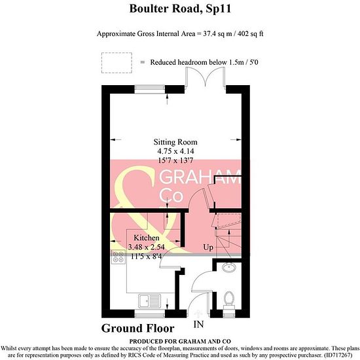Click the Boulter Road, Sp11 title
[x=180, y=9]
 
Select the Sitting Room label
[x=175, y=142]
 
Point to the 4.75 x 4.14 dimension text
[x=175, y=151]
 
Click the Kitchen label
[x=147, y=238]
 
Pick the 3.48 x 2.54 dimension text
[x=146, y=247]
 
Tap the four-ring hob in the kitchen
[x=118, y=257]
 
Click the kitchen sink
[x=149, y=301]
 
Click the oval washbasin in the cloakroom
[x=229, y=267]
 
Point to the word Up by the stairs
[x=208, y=247]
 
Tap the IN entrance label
[x=198, y=325]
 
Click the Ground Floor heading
[x=137, y=329]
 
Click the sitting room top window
[x=150, y=89]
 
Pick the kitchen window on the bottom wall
[x=150, y=314]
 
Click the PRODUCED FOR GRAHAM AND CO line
[x=180, y=342]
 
